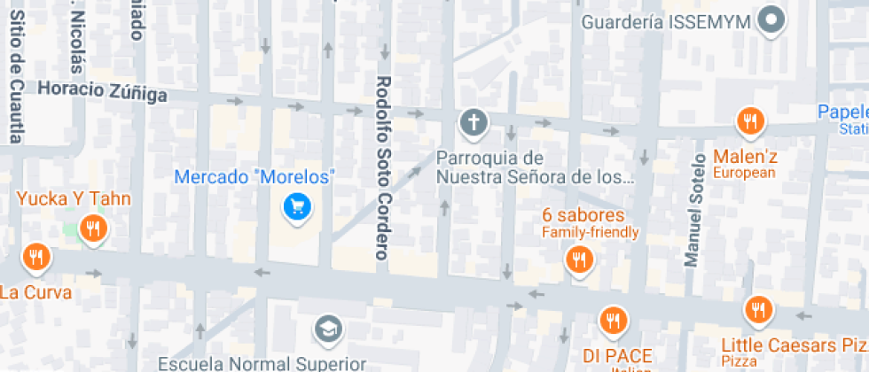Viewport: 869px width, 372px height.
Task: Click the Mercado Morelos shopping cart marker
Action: [x=295, y=207]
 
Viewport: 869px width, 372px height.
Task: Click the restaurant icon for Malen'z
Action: [x=750, y=121]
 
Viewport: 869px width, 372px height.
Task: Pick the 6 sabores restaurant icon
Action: [x=580, y=260]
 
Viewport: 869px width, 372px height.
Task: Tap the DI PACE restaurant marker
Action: [x=612, y=320]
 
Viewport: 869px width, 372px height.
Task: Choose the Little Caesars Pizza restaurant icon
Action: [x=758, y=310]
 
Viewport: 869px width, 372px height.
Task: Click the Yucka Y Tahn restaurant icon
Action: [x=92, y=229]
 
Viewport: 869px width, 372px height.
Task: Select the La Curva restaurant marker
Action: [x=36, y=258]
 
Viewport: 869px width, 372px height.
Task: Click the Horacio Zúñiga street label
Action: [x=103, y=91]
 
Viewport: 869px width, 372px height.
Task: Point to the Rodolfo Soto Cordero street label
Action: [x=383, y=167]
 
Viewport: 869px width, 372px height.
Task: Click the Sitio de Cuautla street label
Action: [x=16, y=71]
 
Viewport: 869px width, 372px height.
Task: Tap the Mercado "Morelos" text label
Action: [x=254, y=177]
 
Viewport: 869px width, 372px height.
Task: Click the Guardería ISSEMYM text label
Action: [x=667, y=21]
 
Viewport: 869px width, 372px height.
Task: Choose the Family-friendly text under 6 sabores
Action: [x=590, y=233]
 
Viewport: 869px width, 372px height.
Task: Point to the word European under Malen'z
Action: [x=743, y=173]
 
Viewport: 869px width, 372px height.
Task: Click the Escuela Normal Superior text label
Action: [x=262, y=363]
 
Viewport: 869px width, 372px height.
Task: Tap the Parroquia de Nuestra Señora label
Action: [x=535, y=167]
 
